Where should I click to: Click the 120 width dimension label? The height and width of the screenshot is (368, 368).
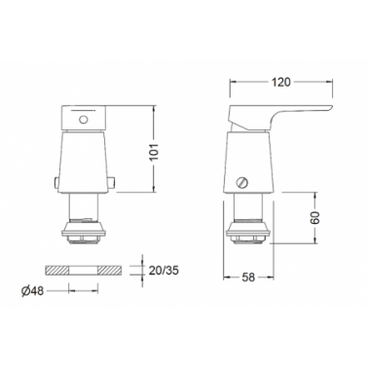point(280,82)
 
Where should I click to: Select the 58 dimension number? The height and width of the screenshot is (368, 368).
point(248,277)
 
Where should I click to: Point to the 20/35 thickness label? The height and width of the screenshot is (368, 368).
point(164,271)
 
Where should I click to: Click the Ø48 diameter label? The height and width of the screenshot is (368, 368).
point(32,291)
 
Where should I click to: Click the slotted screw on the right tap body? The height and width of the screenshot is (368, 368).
point(242,183)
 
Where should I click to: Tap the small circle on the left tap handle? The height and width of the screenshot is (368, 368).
point(84,120)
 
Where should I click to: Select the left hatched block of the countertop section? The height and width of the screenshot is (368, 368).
point(56,271)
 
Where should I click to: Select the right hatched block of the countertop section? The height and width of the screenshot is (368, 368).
point(110,271)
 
